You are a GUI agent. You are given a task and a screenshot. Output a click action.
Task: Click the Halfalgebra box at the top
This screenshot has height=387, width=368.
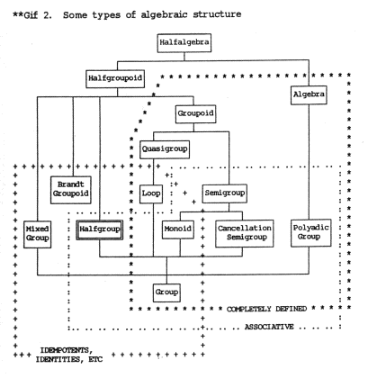pos(184,43)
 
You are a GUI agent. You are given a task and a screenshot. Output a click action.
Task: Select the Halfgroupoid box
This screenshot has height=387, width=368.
pos(115,79)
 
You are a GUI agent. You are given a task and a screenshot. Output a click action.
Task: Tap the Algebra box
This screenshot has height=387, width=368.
pos(309,95)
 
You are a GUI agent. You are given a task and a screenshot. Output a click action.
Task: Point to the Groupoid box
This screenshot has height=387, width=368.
pos(195,114)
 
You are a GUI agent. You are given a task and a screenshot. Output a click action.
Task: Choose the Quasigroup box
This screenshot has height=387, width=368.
pos(165,149)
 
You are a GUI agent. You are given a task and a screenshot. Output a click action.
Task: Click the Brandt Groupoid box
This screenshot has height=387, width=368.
pos(71,190)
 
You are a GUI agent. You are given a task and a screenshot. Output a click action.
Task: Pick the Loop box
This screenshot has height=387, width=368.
pos(151,194)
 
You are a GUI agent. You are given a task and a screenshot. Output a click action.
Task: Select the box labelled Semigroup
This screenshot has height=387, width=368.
pos(225,193)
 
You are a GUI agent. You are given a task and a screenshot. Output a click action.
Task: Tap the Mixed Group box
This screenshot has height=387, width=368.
pos(37,234)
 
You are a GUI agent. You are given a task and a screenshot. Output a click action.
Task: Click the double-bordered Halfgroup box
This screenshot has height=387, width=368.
pos(100,229)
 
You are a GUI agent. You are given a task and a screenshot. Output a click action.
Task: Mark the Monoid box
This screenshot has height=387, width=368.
pos(178,229)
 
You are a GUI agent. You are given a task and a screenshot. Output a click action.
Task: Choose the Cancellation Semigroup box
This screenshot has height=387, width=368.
pos(245,233)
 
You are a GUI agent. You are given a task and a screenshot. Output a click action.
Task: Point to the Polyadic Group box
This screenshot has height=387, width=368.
pos(311,233)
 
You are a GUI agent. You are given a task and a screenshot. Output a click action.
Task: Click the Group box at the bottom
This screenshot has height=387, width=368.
pos(166,292)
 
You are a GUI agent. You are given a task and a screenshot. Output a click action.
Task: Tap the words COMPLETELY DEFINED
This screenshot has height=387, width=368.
pos(266,309)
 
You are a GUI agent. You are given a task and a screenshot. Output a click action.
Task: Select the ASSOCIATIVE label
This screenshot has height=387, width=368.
pos(269,327)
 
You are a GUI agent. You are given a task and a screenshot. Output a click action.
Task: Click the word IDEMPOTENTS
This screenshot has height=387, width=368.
pos(67,350)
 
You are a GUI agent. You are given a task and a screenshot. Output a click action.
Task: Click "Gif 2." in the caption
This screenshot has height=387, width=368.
pos(38,15)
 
